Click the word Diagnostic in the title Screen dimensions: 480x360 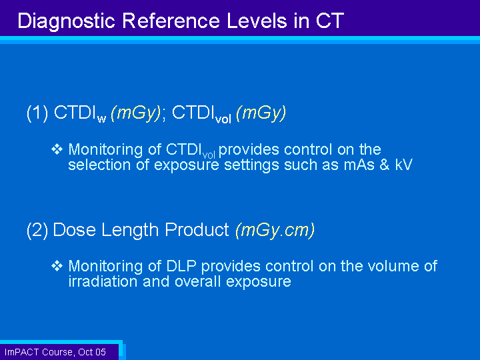(67, 21)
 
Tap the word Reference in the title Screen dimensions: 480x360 (171, 21)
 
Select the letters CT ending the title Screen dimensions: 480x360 (330, 21)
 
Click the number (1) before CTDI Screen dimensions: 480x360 (37, 113)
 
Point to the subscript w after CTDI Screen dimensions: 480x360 (101, 119)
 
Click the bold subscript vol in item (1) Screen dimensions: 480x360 (223, 119)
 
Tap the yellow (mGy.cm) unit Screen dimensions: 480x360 (275, 230)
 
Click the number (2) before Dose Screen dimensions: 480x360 (37, 230)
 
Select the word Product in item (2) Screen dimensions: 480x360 (197, 229)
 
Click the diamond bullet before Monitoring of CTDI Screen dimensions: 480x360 (57, 149)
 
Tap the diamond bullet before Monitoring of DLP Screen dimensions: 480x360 (57, 266)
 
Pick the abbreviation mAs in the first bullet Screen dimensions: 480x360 (359, 165)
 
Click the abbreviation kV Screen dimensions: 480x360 (403, 165)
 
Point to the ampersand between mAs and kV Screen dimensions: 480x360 (385, 165)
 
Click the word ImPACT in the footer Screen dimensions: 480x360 (22, 352)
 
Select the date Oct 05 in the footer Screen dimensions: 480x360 (92, 352)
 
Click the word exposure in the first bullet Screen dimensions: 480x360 (187, 165)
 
